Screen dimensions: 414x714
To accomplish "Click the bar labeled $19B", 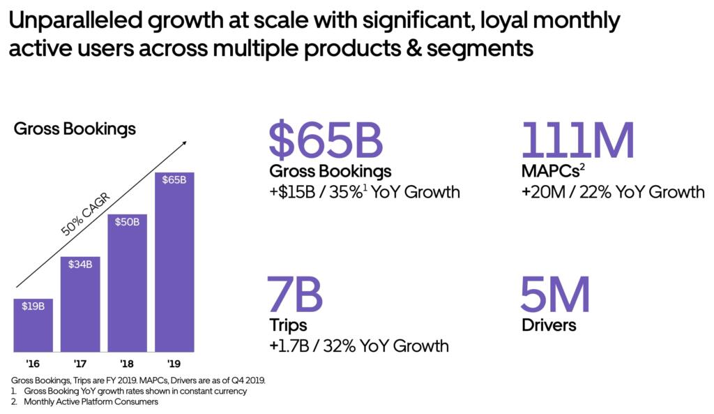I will (x=33, y=325).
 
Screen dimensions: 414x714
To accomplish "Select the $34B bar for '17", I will (x=79, y=304).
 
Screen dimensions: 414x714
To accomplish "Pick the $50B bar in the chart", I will (x=127, y=283).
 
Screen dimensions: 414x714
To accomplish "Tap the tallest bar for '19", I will (x=174, y=262).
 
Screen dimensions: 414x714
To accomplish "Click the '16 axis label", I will (x=33, y=364).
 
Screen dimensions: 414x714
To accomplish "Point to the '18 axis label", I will (x=127, y=364).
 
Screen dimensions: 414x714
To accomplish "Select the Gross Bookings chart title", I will (x=75, y=129).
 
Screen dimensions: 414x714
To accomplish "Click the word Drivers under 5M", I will (x=549, y=325).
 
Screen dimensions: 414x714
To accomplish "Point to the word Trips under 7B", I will (x=288, y=325).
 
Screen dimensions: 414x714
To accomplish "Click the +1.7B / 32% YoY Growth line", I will (x=358, y=346).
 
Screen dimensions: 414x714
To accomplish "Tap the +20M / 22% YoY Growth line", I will (x=613, y=191).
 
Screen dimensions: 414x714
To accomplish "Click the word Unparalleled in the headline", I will (x=83, y=22).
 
